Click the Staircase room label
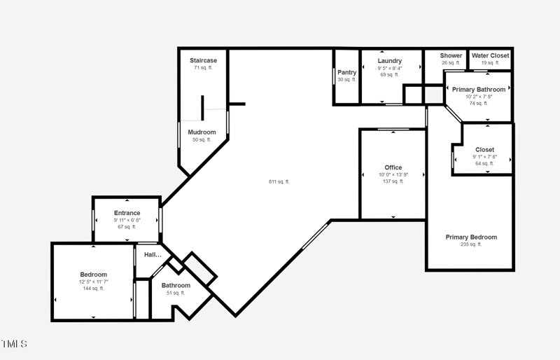pyautogui.click(x=203, y=60)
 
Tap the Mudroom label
pyautogui.click(x=202, y=132)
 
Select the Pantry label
pyautogui.click(x=346, y=73)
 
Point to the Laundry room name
pyautogui.click(x=390, y=61)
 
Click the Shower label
pyautogui.click(x=451, y=55)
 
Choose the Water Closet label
pyautogui.click(x=491, y=55)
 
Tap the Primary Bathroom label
pyautogui.click(x=479, y=90)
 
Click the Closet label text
pyautogui.click(x=484, y=150)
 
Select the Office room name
pyautogui.click(x=393, y=167)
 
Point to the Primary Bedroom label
pyautogui.click(x=471, y=237)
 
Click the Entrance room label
pyautogui.click(x=127, y=213)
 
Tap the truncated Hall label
pyautogui.click(x=153, y=255)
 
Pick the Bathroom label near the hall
pyautogui.click(x=176, y=286)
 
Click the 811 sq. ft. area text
pyautogui.click(x=279, y=181)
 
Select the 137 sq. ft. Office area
pyautogui.click(x=393, y=181)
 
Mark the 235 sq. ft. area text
pyautogui.click(x=471, y=244)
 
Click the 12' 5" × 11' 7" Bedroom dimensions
pyautogui.click(x=94, y=282)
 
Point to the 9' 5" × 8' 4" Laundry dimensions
pyautogui.click(x=390, y=68)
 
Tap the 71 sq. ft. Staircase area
pyautogui.click(x=203, y=67)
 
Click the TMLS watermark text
pyautogui.click(x=13, y=344)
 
